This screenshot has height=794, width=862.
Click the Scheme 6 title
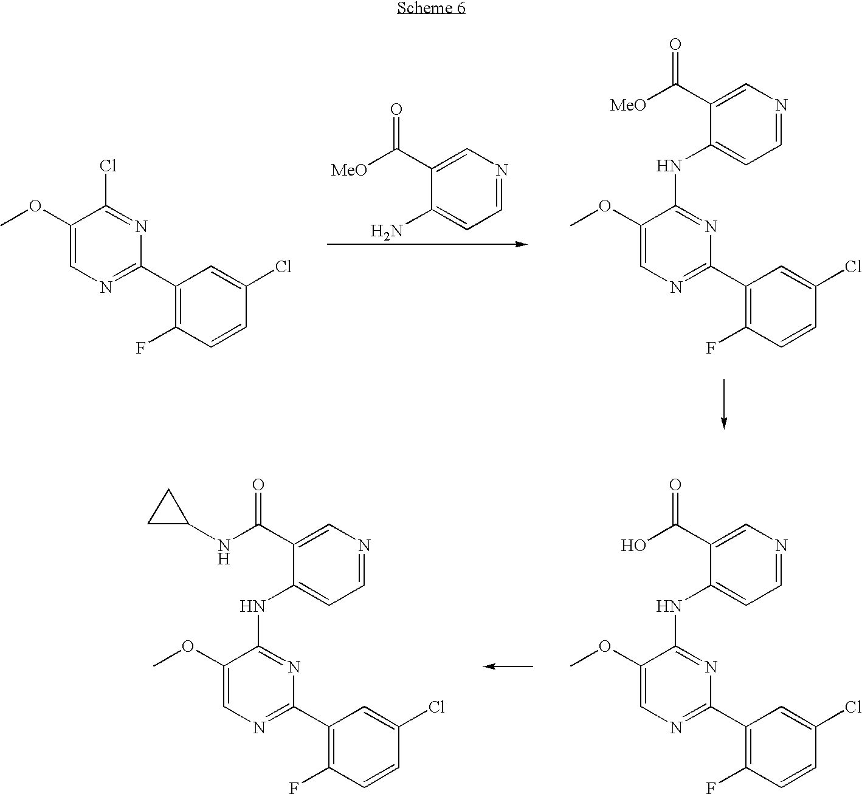[x=431, y=8]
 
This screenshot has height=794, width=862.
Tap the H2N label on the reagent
[x=386, y=231]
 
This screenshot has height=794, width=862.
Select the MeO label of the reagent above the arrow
[x=349, y=170]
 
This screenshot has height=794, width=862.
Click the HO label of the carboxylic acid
[x=633, y=546]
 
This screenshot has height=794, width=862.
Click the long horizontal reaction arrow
[x=427, y=244]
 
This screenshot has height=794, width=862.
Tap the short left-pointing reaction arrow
[x=508, y=666]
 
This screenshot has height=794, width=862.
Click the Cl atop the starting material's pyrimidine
[x=108, y=165]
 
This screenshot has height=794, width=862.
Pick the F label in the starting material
[x=140, y=348]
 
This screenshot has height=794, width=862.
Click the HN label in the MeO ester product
[x=669, y=166]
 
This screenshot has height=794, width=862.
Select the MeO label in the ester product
[x=627, y=105]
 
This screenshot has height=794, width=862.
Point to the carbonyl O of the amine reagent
[x=396, y=109]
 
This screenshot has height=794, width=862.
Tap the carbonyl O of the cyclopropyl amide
[x=258, y=485]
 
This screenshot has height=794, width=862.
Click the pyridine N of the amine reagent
[x=502, y=170]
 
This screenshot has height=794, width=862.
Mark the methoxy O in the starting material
[x=35, y=206]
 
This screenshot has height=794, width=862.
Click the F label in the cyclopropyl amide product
[x=294, y=788]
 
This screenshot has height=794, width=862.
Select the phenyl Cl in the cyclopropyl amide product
[x=436, y=707]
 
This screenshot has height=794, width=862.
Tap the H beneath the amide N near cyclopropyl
[x=224, y=560]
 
